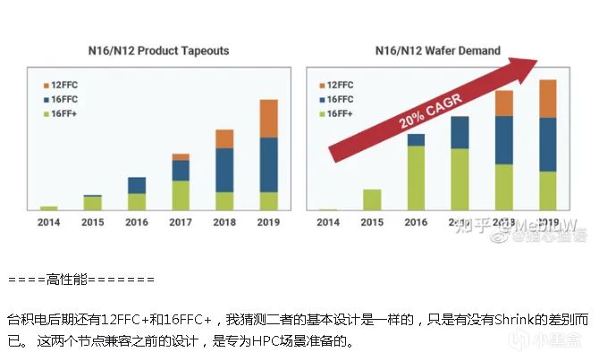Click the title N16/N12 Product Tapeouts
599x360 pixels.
(x=158, y=50)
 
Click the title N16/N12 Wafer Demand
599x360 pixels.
(x=437, y=50)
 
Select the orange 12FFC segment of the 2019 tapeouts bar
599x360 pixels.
(x=268, y=118)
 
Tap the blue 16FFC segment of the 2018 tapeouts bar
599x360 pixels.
(x=224, y=170)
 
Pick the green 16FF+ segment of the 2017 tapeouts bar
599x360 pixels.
(x=181, y=195)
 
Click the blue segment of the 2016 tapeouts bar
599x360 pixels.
(x=137, y=185)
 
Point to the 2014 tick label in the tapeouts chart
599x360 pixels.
(x=49, y=222)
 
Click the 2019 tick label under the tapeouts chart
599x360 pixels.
(x=268, y=222)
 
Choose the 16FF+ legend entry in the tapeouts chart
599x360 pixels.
(x=68, y=113)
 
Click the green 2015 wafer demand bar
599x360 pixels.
(x=373, y=199)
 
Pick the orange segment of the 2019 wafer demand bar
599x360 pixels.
(x=548, y=98)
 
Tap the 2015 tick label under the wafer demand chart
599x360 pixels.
(x=373, y=222)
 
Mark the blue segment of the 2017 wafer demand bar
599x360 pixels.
(x=460, y=132)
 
